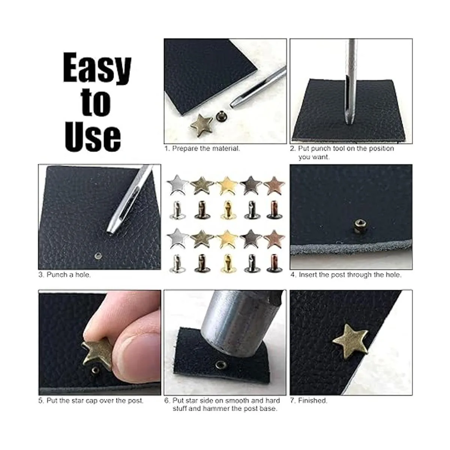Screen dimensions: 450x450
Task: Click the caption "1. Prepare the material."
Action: (x=202, y=148)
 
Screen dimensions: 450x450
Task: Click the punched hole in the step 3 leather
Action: (x=98, y=256)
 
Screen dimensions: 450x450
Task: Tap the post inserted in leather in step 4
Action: (x=358, y=225)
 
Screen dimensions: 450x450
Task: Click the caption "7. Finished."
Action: (x=309, y=400)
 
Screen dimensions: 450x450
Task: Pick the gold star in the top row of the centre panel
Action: (x=226, y=186)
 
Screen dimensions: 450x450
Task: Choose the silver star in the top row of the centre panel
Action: (x=178, y=185)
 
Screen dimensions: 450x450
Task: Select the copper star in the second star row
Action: (x=274, y=238)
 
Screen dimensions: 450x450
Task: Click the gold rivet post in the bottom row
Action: (x=226, y=264)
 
